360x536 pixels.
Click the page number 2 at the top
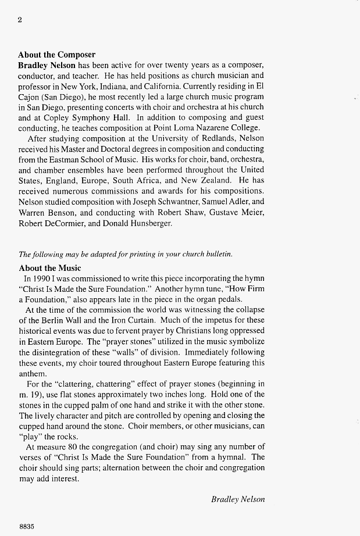tap(20, 19)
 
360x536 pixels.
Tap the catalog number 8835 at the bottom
tap(27, 526)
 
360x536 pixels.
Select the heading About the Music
tap(50, 268)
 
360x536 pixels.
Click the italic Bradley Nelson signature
tap(238, 499)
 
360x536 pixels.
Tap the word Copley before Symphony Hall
tap(68, 117)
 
